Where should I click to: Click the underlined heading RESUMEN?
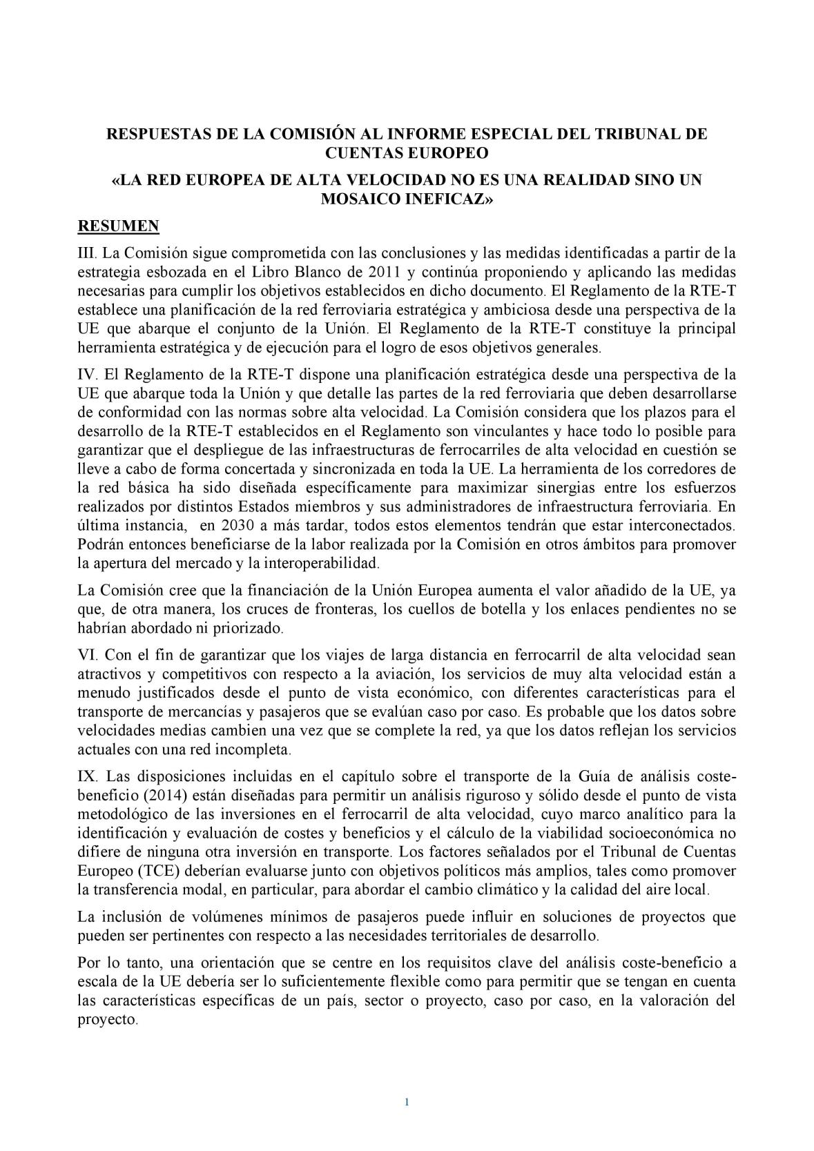(118, 226)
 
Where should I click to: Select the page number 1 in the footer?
(407, 1101)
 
